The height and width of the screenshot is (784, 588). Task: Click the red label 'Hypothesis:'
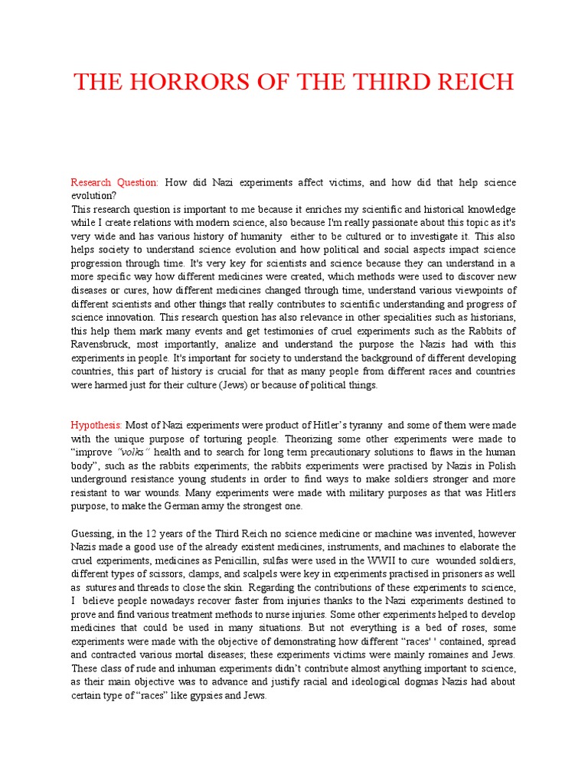point(97,424)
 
